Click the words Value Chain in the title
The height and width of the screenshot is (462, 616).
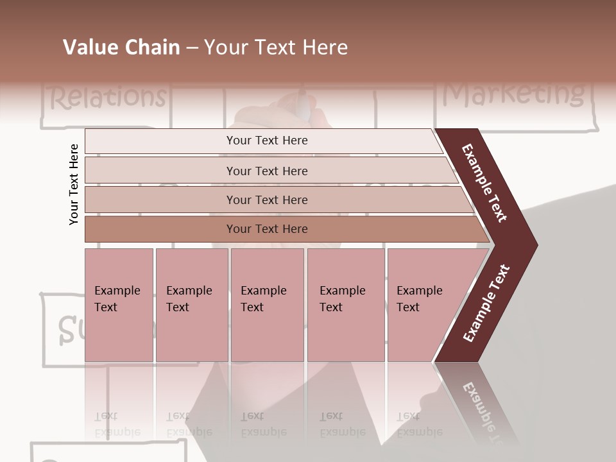[x=121, y=47]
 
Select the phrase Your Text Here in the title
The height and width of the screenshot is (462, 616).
[x=276, y=47]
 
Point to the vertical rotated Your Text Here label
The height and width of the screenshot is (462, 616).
[x=74, y=184]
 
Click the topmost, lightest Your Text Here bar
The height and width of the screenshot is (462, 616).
[x=266, y=141]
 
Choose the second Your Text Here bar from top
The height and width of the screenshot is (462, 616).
[x=266, y=171]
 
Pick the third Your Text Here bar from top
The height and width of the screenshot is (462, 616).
[x=266, y=200]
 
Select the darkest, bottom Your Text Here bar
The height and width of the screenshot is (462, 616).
[x=266, y=229]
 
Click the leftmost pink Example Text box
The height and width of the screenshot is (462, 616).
[x=118, y=304]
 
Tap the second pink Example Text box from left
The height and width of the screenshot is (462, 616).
[x=191, y=304]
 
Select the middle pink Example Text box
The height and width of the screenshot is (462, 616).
[x=267, y=304]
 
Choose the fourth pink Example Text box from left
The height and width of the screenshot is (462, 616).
[x=345, y=304]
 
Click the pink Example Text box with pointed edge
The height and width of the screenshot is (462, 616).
[x=424, y=304]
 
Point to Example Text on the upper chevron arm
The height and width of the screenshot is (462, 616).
[x=484, y=183]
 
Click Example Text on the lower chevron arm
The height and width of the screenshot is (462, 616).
[x=486, y=304]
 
